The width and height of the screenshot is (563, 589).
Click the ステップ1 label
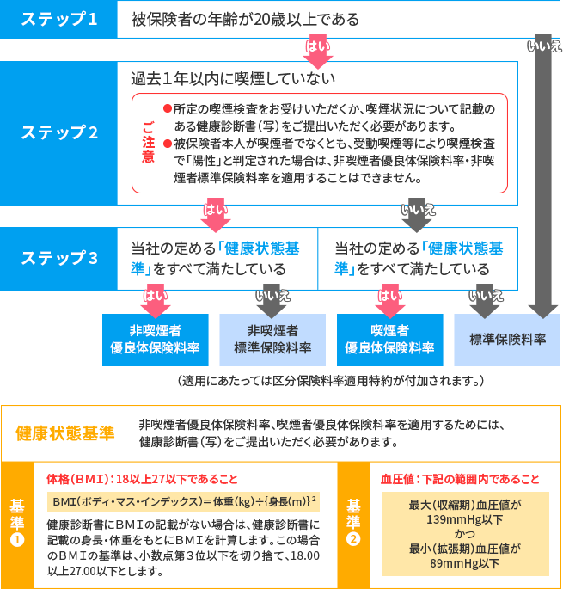[59, 20]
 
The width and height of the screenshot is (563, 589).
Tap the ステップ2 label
[59, 132]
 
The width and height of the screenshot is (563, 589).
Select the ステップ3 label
[59, 258]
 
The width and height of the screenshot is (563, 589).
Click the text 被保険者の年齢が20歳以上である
[246, 19]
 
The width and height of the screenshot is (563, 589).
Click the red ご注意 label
[148, 143]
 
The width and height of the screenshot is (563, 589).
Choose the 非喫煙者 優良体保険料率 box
[156, 340]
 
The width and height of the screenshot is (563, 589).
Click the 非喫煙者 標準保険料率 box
[272, 340]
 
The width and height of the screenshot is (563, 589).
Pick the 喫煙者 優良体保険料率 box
[389, 340]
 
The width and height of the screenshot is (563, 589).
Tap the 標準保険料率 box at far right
[507, 340]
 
